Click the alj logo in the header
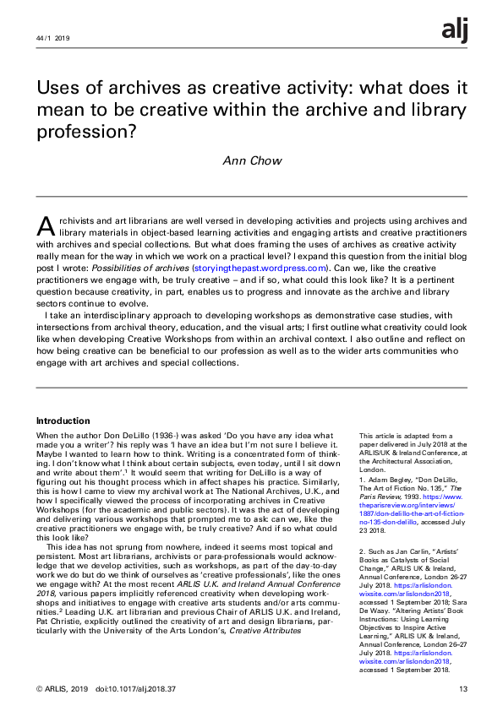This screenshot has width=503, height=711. (x=454, y=31)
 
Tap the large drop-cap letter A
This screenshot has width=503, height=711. (x=46, y=225)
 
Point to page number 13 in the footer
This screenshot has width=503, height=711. (x=462, y=690)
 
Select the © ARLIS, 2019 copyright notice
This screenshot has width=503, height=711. (x=63, y=690)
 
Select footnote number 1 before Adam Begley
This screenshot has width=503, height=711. (x=361, y=479)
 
